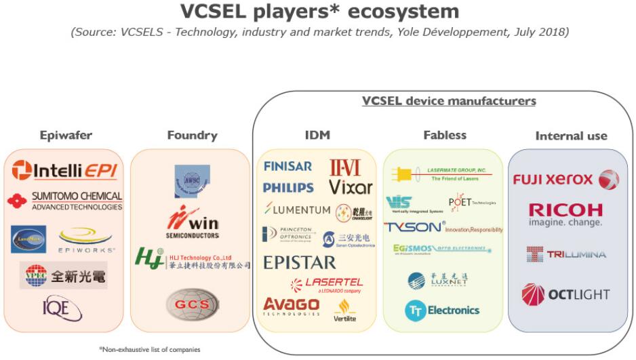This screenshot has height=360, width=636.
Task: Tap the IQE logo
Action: click(x=62, y=311)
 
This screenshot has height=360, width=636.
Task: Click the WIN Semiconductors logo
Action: click(x=193, y=223)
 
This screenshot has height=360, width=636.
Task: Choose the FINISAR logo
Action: click(x=287, y=166)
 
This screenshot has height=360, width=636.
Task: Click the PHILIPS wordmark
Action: click(x=288, y=187)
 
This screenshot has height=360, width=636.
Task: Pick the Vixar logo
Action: click(x=350, y=186)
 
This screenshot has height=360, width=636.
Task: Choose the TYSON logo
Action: click(x=444, y=228)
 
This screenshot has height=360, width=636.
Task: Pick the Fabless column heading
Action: click(x=445, y=135)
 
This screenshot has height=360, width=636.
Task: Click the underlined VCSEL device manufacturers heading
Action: click(x=449, y=100)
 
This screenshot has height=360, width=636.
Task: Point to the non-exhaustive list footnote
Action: click(x=149, y=349)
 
